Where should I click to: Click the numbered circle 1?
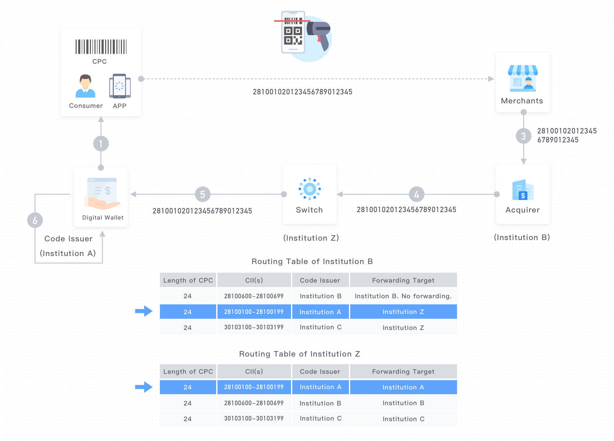tap(101, 144)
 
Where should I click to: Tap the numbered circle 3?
tap(523, 136)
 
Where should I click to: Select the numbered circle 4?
tap(416, 194)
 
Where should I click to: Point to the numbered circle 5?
tap(202, 194)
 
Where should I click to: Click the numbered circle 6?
tap(35, 220)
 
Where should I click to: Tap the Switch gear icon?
tap(310, 189)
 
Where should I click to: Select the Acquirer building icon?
tap(523, 190)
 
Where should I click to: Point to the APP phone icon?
tap(120, 86)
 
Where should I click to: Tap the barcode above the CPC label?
tap(101, 47)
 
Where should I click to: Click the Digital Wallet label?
tap(103, 218)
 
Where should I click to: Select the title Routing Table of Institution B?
tap(312, 261)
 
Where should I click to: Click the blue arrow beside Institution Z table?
tap(144, 387)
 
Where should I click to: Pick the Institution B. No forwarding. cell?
tap(403, 296)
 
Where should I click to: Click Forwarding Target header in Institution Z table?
tap(403, 372)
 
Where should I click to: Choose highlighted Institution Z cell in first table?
tap(403, 312)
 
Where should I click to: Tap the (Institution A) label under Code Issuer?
tap(68, 253)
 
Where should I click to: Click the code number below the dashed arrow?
tap(303, 92)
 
